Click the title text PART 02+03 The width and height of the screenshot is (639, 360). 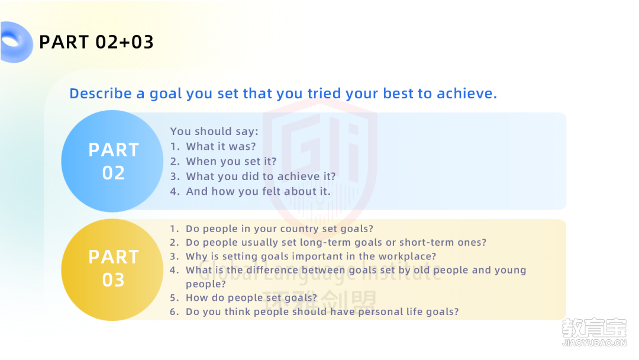pos(96,42)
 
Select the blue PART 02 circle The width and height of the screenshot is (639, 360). pos(112,161)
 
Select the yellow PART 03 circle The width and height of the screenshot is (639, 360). pos(112,269)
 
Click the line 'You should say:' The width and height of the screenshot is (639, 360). pos(214,131)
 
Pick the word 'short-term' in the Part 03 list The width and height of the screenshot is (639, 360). pos(426,242)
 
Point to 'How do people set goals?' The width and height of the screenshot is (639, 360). pos(251,298)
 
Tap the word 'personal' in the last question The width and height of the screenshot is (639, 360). pos(380,311)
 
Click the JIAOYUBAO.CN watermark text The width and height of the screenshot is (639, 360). pos(594,343)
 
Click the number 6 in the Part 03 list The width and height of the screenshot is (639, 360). pos(173,311)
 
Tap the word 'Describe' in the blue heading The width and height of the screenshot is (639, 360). pos(101,94)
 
